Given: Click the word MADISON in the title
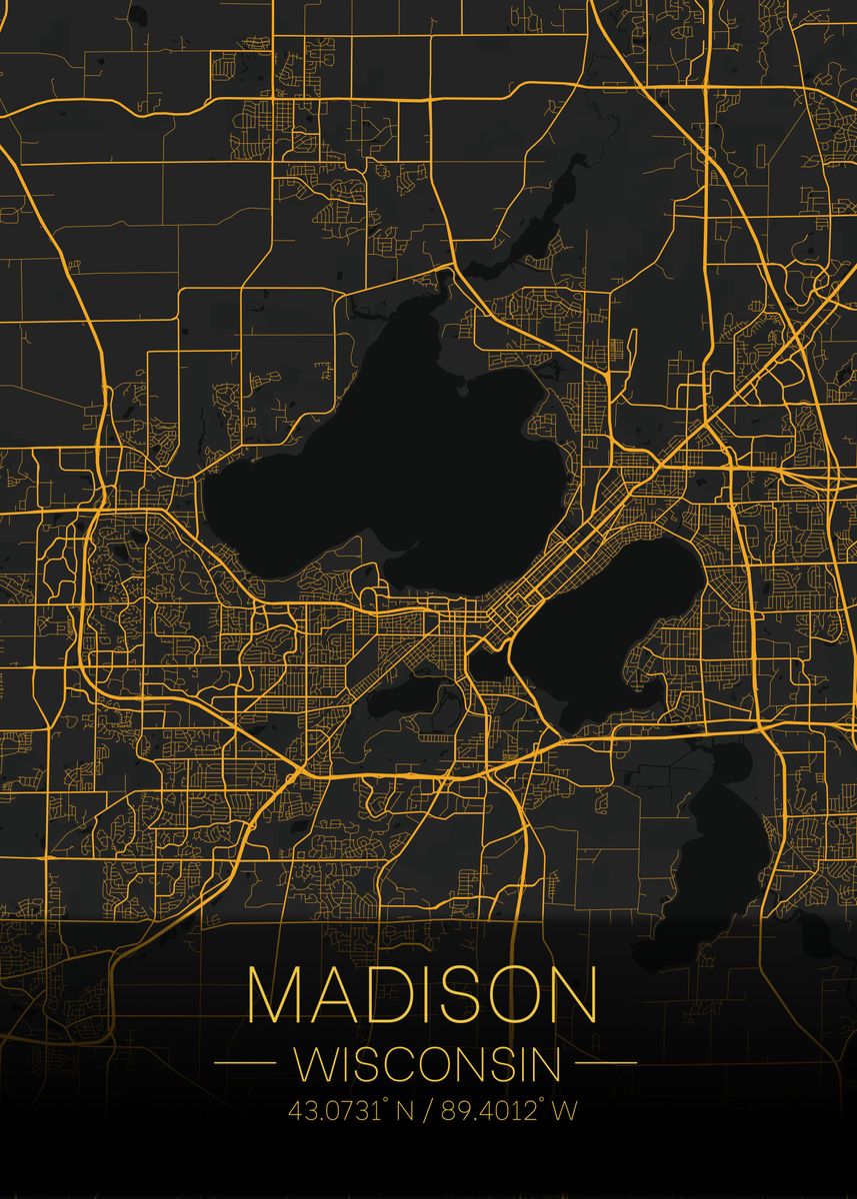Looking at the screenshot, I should pyautogui.click(x=423, y=994).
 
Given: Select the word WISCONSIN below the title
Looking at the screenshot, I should pyautogui.click(x=427, y=1064).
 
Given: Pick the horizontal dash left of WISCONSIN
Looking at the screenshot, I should pyautogui.click(x=245, y=1063).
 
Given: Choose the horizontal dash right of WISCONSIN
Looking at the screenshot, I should pyautogui.click(x=606, y=1063).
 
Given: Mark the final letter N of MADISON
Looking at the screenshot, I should pyautogui.click(x=574, y=994).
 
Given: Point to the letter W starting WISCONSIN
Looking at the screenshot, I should pyautogui.click(x=313, y=1064).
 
